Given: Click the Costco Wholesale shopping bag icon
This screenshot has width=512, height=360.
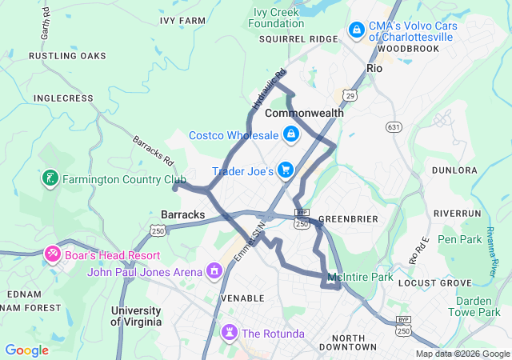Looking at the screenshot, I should tap(291, 134).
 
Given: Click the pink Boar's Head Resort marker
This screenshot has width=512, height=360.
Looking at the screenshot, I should tap(52, 254).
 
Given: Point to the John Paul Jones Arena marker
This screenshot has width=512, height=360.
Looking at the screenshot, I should tap(214, 272).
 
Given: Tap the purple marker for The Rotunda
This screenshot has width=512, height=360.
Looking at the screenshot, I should tap(230, 332).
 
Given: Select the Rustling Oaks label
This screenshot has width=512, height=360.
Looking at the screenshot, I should tap(67, 56).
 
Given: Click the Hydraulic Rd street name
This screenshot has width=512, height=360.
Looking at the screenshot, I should tap(268, 90).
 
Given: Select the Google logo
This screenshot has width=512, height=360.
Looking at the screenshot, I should tap(26, 350).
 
